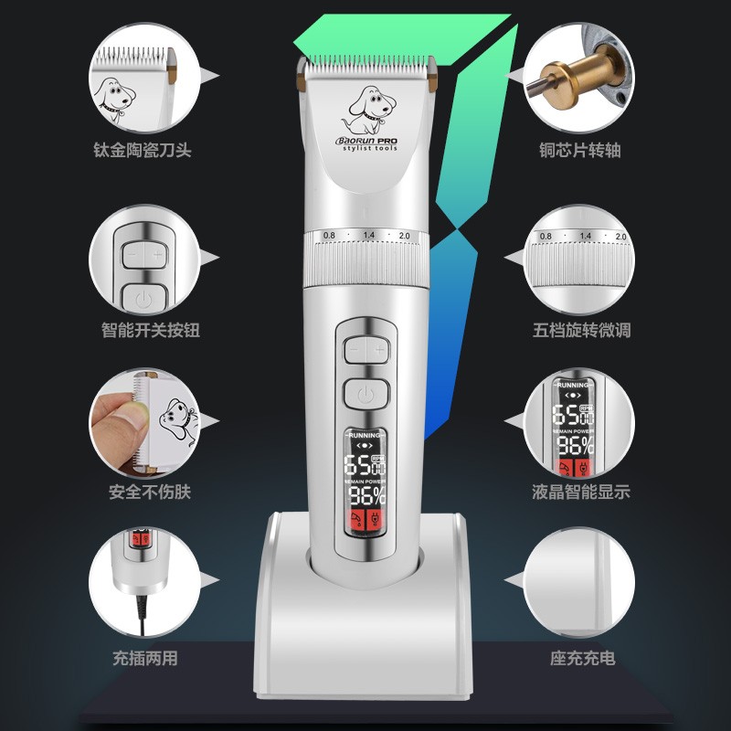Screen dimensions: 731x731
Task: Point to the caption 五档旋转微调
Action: tap(582, 330)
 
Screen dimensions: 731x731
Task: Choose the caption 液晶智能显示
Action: tap(582, 492)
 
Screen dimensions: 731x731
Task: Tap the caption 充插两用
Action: tap(143, 658)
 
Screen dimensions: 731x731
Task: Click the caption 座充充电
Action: tap(582, 658)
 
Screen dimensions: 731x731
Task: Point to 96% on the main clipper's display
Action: tap(365, 497)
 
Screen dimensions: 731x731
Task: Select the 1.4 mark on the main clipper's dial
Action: tap(369, 236)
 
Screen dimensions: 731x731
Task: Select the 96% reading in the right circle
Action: tap(576, 445)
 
